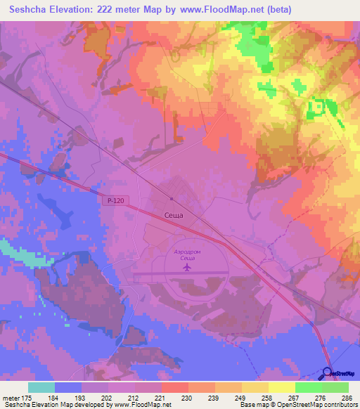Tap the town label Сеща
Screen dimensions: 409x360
point(172,216)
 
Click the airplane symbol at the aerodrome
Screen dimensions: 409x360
point(186,268)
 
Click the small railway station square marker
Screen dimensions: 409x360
point(171,198)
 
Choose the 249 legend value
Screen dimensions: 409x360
point(239,397)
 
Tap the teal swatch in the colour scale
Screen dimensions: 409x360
point(41,387)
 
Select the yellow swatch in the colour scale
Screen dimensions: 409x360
point(281,387)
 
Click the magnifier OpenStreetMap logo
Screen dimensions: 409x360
point(329,372)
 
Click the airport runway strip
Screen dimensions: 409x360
point(176,275)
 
